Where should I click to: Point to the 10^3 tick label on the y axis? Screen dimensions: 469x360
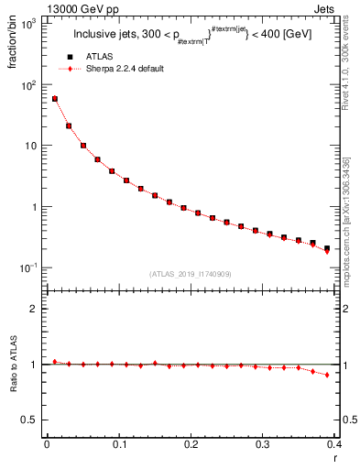pos(29,24)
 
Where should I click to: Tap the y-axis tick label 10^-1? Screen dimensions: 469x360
pos(29,267)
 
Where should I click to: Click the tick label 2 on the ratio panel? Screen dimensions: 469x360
pos(36,309)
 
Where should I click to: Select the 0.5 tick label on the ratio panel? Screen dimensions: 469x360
pos(32,420)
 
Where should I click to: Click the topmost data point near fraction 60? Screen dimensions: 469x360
pos(55,99)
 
